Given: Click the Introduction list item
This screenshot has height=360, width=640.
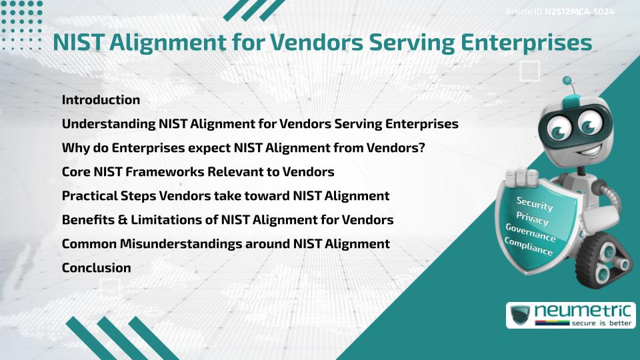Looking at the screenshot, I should tap(101, 100).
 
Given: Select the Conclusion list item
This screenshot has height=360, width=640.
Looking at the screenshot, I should tap(96, 268).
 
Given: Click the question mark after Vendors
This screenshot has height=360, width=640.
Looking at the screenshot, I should tap(422, 148).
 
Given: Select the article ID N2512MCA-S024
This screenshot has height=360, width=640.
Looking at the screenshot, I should tap(579, 12).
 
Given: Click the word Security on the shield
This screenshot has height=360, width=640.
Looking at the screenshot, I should tap(535, 204).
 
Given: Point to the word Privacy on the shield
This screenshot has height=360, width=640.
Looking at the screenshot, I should tap(532, 219).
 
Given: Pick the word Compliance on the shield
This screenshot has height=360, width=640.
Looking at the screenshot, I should tap(529, 247).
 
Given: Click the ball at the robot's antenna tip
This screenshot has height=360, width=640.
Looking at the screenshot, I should tap(567, 80).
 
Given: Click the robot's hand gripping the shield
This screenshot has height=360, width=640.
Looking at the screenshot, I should tap(522, 177).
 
